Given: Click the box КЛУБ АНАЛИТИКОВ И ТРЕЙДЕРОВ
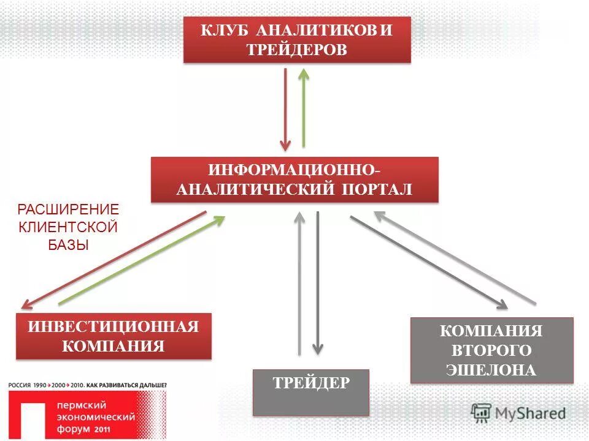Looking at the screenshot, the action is pos(297,40).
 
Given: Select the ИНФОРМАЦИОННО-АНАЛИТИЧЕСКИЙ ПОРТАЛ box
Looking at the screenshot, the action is pos(294,180).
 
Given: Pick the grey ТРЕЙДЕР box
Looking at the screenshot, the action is pos(311,393).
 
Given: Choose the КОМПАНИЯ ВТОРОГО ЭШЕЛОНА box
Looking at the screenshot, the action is pos(491,350).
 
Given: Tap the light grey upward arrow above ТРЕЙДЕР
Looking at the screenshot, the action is pos(299,282).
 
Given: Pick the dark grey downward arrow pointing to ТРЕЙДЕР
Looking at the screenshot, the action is pos(317,282).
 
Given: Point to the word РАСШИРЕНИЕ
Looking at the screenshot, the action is pos(67,209).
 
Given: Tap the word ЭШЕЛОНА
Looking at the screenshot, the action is pos(491,370).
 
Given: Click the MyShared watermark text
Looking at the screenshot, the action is pos(530,413).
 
